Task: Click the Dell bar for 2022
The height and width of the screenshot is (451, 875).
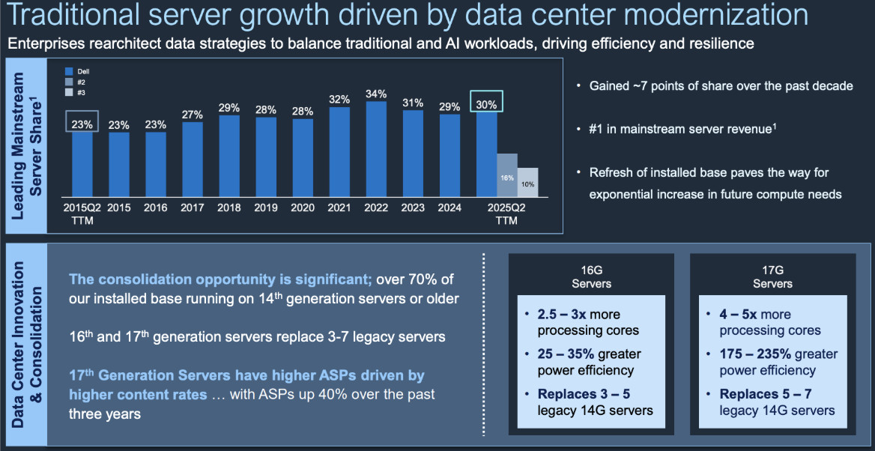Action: tap(376, 149)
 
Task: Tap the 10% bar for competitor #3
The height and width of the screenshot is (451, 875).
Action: tap(527, 182)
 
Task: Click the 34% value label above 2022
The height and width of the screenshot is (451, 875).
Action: tap(376, 94)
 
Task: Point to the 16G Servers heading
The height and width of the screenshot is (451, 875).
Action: tap(591, 277)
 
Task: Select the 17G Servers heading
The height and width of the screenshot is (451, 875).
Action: tap(772, 277)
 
